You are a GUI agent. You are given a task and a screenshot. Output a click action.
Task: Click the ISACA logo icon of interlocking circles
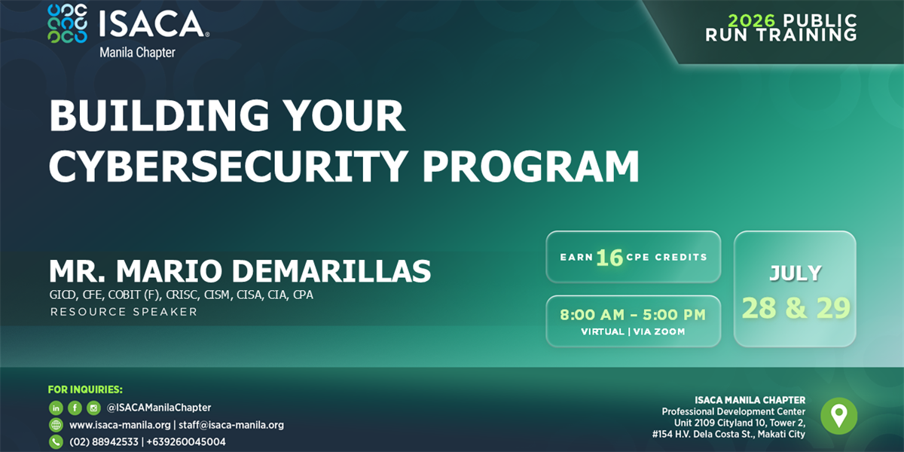[67, 24]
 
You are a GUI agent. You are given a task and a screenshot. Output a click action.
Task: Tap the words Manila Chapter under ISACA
[137, 53]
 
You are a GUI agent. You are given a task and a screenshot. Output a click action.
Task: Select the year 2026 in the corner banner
[751, 20]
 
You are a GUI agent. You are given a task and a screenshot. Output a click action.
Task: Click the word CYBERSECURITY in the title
[228, 166]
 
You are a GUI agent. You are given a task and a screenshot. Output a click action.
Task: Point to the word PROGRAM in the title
[530, 166]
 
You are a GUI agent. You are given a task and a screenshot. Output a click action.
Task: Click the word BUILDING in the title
[159, 116]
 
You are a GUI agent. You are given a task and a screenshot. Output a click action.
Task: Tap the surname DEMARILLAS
[331, 270]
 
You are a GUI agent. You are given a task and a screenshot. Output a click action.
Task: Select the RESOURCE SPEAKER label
[124, 312]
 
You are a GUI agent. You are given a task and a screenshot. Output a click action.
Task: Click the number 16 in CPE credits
[609, 258]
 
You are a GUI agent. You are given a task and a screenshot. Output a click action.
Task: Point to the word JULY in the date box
[795, 273]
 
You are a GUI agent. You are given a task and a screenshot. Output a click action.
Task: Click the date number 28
[759, 308]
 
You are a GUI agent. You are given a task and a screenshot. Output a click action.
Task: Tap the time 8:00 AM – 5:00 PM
[633, 315]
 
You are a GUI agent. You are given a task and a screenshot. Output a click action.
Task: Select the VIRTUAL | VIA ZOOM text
[633, 331]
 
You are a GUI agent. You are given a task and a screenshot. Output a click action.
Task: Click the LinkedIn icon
[56, 408]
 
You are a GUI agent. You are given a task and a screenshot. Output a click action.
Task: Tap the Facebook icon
[75, 408]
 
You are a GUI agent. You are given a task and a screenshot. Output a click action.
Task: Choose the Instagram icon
[93, 408]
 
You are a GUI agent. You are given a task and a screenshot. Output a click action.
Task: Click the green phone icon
[56, 442]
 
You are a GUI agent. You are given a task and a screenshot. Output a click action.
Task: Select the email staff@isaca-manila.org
[231, 425]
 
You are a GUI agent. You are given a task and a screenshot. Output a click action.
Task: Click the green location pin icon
[838, 416]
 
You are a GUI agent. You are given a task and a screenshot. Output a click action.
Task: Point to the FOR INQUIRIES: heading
[85, 389]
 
